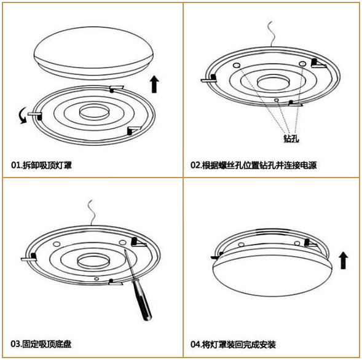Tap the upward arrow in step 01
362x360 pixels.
click(x=154, y=84)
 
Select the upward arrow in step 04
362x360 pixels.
click(x=344, y=260)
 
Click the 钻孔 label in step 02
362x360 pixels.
click(x=291, y=138)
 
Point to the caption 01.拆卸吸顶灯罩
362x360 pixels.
click(x=41, y=165)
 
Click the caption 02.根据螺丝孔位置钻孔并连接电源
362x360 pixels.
click(x=253, y=165)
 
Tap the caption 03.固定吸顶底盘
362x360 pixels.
click(x=41, y=344)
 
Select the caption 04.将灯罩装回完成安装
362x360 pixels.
click(x=233, y=345)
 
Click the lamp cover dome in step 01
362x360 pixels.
click(x=93, y=53)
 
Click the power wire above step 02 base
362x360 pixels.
click(x=271, y=34)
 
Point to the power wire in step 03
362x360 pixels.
click(x=92, y=213)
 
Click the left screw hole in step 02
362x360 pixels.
click(x=237, y=65)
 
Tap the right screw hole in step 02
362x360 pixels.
click(x=302, y=63)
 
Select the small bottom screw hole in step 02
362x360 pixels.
click(x=276, y=100)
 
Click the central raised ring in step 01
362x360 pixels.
click(x=94, y=112)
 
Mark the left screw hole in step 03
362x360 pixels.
click(x=57, y=244)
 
